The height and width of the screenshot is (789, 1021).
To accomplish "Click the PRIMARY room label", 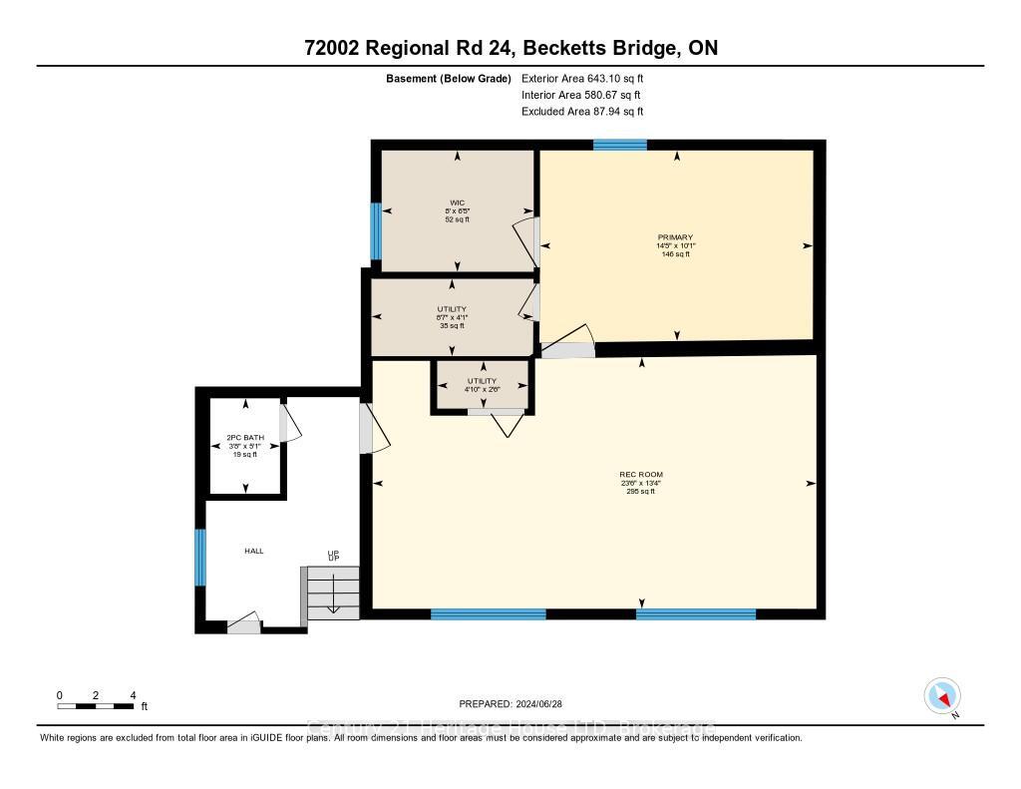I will pos(675,237).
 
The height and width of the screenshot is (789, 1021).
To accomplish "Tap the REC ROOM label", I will pos(640,474).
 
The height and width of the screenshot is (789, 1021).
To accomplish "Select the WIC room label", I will pos(458,202).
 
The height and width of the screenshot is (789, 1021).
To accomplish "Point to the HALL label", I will pos(254,551).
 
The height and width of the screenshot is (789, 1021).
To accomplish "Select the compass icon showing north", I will pos(941,695).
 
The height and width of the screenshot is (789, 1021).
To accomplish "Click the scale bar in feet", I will pos(95,706).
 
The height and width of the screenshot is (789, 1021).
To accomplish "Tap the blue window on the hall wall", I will pos(200,558).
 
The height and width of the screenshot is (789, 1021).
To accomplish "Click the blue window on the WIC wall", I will pos(376,230).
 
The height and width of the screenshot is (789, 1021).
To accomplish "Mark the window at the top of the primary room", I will pos(619,145).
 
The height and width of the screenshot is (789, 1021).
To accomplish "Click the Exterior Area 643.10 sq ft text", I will pos(589,78).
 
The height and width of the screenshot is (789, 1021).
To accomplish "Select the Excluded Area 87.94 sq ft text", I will pos(589,112).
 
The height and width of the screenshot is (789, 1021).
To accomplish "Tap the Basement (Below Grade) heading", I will pos(449,78).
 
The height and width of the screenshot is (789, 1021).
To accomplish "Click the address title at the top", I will pos(510,48).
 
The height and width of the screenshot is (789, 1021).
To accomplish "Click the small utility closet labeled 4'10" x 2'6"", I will pos(482,385).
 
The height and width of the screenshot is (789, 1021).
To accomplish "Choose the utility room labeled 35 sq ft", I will pos(452,317).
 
